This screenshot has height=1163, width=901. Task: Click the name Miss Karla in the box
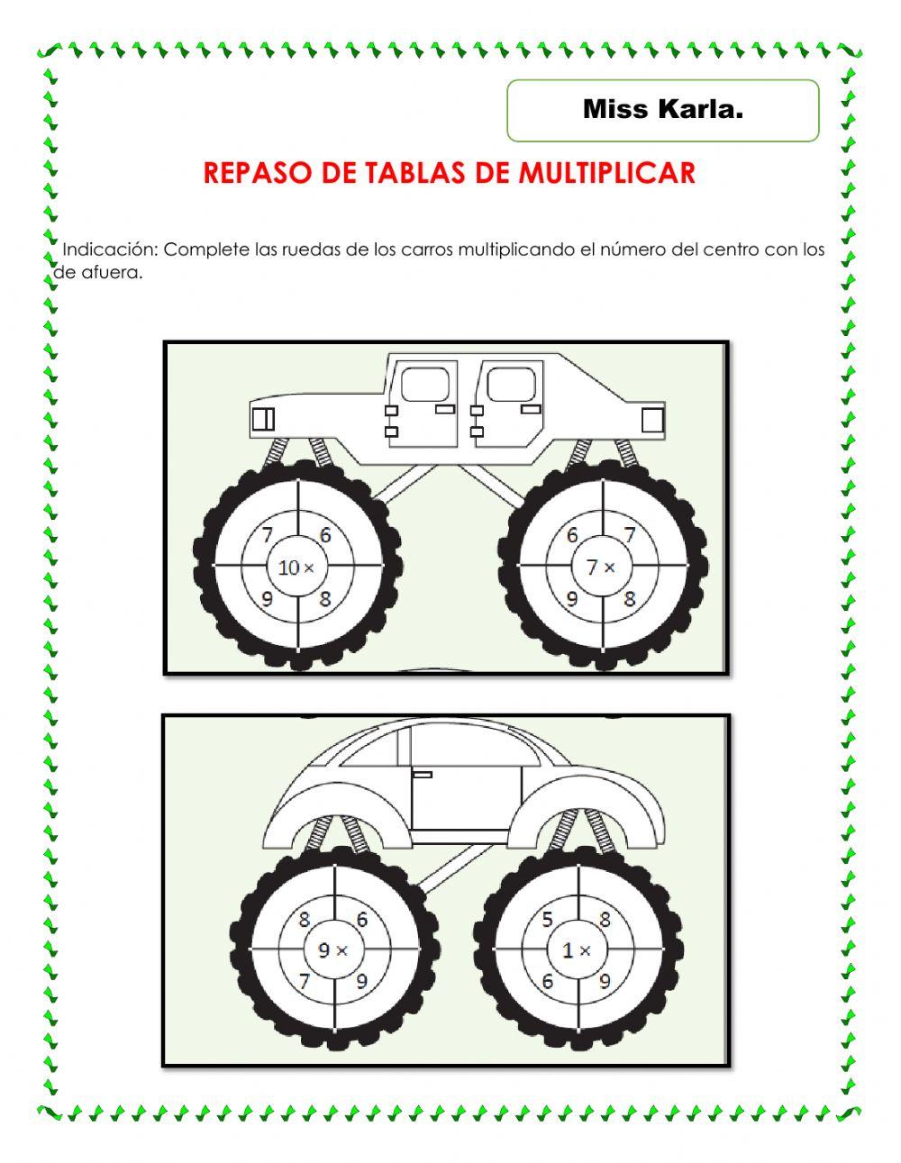[662, 110]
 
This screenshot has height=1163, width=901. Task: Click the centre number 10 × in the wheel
[296, 568]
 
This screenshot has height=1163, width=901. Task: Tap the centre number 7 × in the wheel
[601, 568]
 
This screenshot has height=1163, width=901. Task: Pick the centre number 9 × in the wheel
[333, 949]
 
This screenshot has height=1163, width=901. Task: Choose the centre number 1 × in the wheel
[576, 949]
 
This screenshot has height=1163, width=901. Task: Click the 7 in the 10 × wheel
[268, 535]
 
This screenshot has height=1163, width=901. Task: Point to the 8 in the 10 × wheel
[325, 599]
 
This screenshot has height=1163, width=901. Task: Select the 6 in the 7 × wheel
[572, 535]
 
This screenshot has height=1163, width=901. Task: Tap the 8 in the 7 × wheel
[630, 599]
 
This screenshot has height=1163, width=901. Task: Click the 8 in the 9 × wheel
[305, 920]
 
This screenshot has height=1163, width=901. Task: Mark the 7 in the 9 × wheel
[305, 981]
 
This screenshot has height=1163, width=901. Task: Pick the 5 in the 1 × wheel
[547, 920]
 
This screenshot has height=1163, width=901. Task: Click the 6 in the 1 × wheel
[547, 981]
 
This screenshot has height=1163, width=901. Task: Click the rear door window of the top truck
[425, 385]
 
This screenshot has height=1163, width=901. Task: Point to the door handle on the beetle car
[422, 774]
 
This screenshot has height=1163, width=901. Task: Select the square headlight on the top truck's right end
[652, 420]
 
